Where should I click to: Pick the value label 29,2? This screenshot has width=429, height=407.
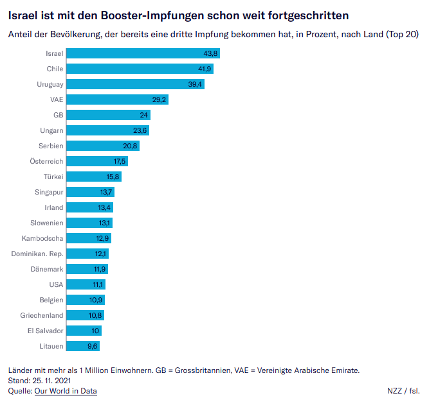click(x=159, y=100)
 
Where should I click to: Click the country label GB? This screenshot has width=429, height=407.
click(x=58, y=115)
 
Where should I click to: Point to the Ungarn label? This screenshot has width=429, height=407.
click(x=51, y=130)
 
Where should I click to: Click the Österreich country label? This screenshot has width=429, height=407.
click(x=47, y=161)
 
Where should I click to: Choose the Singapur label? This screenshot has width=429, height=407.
click(x=49, y=192)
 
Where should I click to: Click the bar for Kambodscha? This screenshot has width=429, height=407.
click(x=89, y=238)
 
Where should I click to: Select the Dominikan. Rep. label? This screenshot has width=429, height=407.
click(x=37, y=254)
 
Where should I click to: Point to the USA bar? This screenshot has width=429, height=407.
click(x=86, y=284)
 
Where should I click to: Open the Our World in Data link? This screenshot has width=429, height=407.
click(x=66, y=390)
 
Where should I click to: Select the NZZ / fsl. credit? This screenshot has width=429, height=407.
click(x=403, y=390)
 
